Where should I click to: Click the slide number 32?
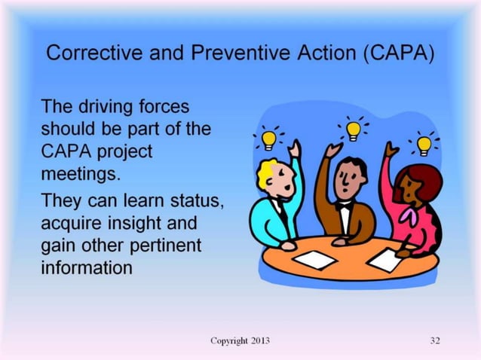click(434, 341)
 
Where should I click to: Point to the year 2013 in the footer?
click(258, 341)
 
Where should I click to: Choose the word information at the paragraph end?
click(87, 267)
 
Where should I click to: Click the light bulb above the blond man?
click(268, 139)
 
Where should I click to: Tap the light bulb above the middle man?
click(353, 130)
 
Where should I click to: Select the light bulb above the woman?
click(424, 142)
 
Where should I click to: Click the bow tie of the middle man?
click(345, 203)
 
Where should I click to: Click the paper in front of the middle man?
click(314, 259)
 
